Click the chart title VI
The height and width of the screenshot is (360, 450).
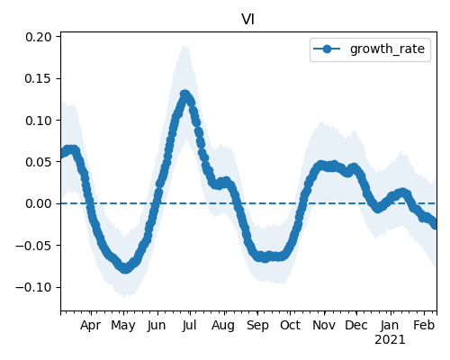click(x=248, y=20)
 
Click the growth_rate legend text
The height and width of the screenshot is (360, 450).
click(x=387, y=49)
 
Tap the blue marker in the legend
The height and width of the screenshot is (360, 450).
click(x=327, y=49)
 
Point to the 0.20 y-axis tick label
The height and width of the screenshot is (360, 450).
click(x=39, y=37)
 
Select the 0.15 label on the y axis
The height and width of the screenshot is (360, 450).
click(x=39, y=78)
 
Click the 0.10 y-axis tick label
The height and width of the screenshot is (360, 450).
click(x=39, y=121)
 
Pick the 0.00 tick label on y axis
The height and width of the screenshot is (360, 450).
click(x=39, y=203)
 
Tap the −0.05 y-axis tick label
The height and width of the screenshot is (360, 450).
click(x=33, y=246)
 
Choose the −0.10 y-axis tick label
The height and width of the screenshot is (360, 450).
click(x=33, y=287)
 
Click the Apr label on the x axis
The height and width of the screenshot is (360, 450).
click(x=90, y=326)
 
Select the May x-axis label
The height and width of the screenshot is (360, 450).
click(x=123, y=326)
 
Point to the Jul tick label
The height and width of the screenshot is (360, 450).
click(x=189, y=326)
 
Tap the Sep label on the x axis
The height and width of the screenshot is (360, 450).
click(x=257, y=326)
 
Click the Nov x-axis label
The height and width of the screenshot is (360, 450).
click(x=324, y=326)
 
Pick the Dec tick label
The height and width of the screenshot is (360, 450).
click(x=356, y=326)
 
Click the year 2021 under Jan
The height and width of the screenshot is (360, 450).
click(x=390, y=340)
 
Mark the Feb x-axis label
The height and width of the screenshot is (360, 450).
click(x=424, y=326)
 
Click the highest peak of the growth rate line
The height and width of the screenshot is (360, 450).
click(x=184, y=94)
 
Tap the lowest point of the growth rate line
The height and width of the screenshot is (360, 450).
click(x=125, y=268)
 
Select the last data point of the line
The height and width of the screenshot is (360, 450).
click(x=435, y=224)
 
